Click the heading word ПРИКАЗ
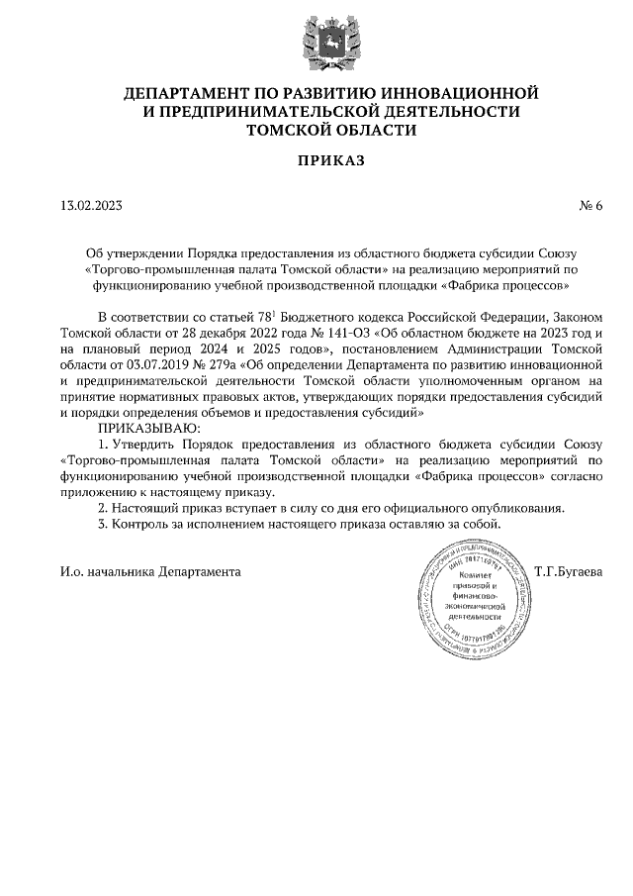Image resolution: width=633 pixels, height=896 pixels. [316, 159]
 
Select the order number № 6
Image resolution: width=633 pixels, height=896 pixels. [589, 206]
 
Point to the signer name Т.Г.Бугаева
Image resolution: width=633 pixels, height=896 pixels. [567, 571]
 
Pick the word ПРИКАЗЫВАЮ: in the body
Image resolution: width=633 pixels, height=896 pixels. [149, 427]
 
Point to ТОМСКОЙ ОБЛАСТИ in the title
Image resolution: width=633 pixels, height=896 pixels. [316, 130]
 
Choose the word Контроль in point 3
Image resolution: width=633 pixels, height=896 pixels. [142, 524]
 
